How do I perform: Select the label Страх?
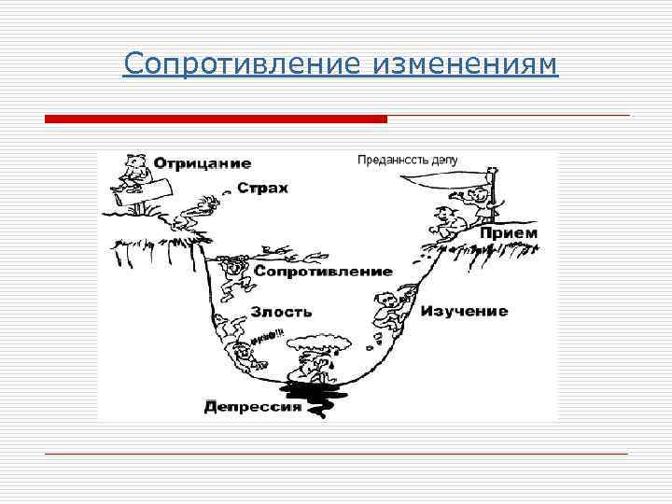click(x=262, y=188)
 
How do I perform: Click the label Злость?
click(x=281, y=312)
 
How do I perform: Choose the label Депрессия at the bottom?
click(x=253, y=406)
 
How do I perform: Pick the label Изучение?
click(x=464, y=311)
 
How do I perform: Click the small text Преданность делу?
click(x=407, y=160)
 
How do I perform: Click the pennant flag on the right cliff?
click(x=452, y=175)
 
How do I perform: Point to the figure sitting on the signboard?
click(x=133, y=172)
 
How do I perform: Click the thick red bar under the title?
click(x=216, y=119)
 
